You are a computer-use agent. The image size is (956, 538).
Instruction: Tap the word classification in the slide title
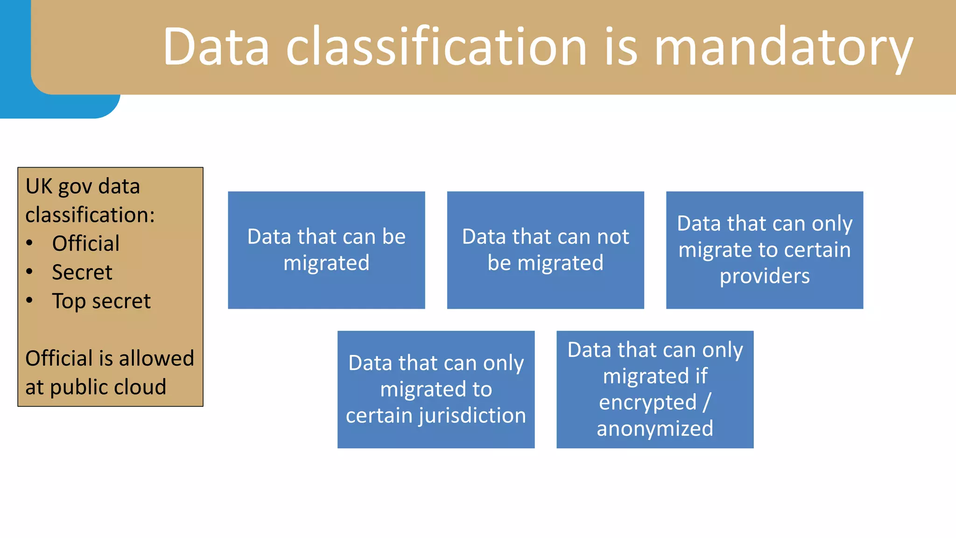(x=436, y=47)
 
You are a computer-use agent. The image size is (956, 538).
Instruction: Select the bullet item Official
(x=86, y=244)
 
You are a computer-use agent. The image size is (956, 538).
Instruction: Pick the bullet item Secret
(x=82, y=272)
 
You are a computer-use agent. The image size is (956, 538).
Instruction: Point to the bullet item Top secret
(x=101, y=301)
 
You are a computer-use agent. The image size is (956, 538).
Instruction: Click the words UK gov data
(x=83, y=186)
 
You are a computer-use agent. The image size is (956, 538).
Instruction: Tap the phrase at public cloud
(x=96, y=387)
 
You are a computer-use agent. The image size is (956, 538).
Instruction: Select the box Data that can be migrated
(x=326, y=250)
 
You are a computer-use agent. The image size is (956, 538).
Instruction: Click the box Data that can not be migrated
(x=545, y=250)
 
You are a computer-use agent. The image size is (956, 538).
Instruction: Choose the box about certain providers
(x=764, y=250)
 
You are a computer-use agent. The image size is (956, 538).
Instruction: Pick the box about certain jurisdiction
(x=436, y=389)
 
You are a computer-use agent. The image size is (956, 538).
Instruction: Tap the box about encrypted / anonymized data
(x=654, y=389)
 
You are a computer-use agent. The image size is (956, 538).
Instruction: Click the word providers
(x=764, y=276)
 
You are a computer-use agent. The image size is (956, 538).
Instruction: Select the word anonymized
(x=654, y=429)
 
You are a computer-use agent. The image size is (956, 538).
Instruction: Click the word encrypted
(x=647, y=403)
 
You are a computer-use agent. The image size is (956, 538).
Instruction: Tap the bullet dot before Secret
(x=29, y=272)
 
